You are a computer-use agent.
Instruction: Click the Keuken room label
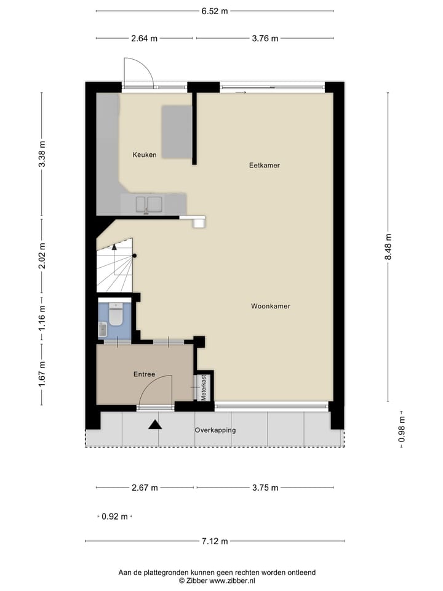(x=145, y=155)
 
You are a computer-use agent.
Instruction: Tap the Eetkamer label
(x=265, y=165)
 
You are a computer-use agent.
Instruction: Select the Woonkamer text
(x=271, y=306)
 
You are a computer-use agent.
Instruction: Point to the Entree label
(x=144, y=374)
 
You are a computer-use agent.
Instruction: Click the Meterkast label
(x=204, y=388)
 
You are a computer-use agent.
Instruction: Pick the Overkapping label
(x=215, y=430)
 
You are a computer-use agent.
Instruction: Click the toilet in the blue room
(x=115, y=315)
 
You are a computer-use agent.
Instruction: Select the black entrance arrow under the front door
(x=154, y=424)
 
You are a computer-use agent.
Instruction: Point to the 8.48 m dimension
(x=388, y=246)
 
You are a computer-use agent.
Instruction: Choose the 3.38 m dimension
(x=42, y=155)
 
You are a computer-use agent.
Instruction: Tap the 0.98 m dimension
(x=402, y=430)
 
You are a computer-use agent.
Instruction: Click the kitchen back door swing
(x=138, y=74)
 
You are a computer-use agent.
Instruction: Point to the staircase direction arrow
(x=114, y=246)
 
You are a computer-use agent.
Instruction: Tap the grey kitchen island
(x=177, y=131)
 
